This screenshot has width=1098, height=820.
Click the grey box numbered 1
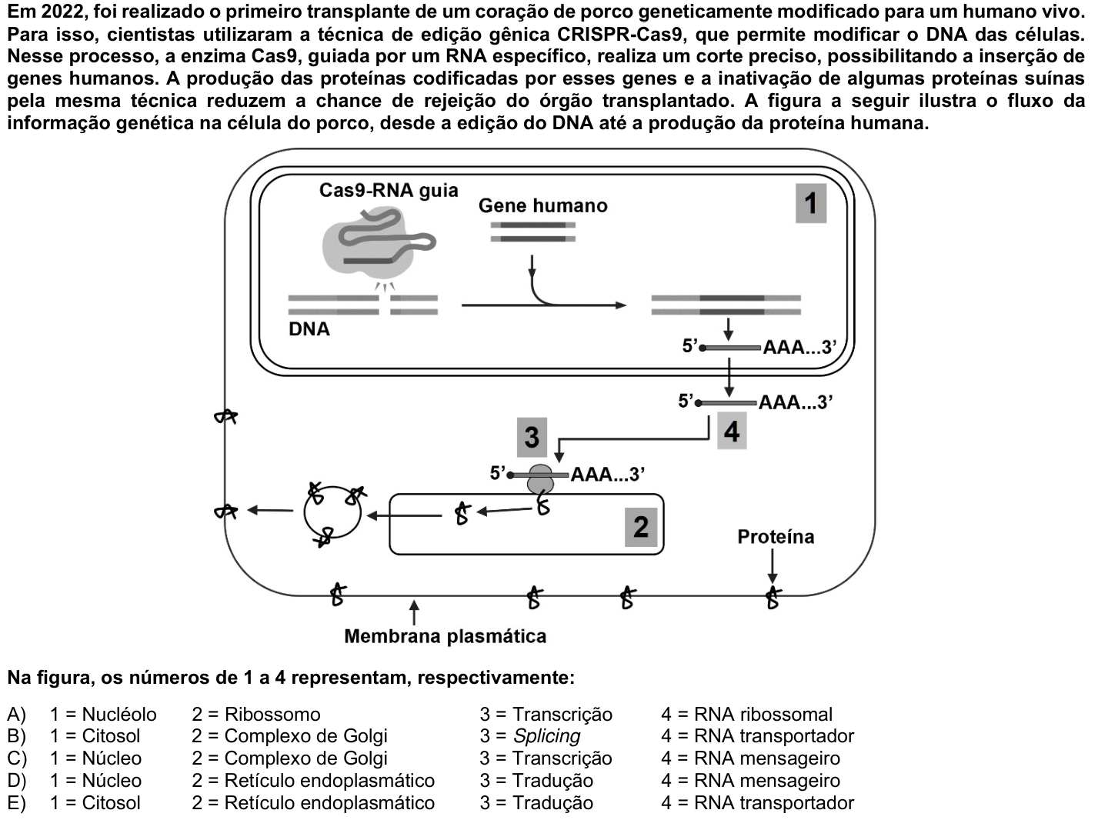[811, 203]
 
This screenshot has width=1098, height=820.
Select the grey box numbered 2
[641, 527]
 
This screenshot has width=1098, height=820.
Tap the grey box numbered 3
[532, 437]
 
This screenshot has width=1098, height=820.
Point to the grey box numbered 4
[732, 431]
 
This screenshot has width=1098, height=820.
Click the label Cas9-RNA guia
[389, 191]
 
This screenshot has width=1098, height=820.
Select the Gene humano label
[542, 205]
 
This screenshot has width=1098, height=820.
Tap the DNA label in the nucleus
[309, 329]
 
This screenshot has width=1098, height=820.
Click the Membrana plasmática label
[446, 636]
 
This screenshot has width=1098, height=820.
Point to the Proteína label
[776, 536]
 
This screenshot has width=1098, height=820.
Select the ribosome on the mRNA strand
[540, 479]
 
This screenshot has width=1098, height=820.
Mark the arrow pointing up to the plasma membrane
[414, 612]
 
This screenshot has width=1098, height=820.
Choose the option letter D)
[17, 781]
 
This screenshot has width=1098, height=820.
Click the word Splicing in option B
[547, 736]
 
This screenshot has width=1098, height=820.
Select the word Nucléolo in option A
[119, 715]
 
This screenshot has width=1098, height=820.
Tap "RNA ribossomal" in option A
[763, 715]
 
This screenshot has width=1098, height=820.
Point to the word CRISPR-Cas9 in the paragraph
[619, 35]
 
